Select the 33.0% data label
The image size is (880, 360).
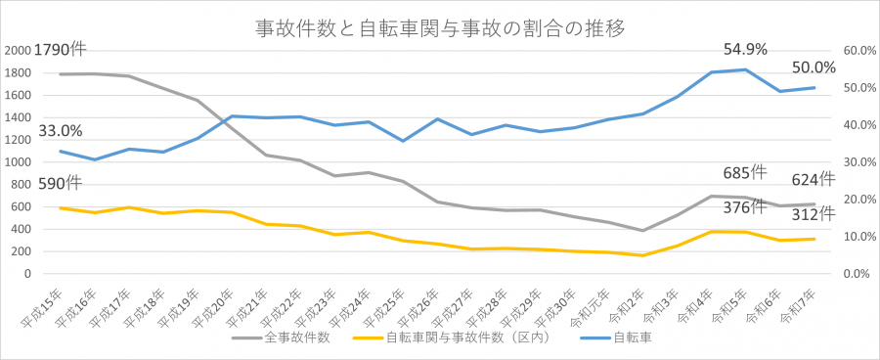click(61, 130)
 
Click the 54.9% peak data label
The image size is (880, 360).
click(745, 49)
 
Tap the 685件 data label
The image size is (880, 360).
click(745, 173)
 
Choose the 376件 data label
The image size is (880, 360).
click(745, 206)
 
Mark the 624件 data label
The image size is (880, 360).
click(814, 179)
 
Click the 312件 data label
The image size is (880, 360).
click(814, 214)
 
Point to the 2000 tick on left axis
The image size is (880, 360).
click(18, 51)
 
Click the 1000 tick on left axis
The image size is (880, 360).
click(18, 162)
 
